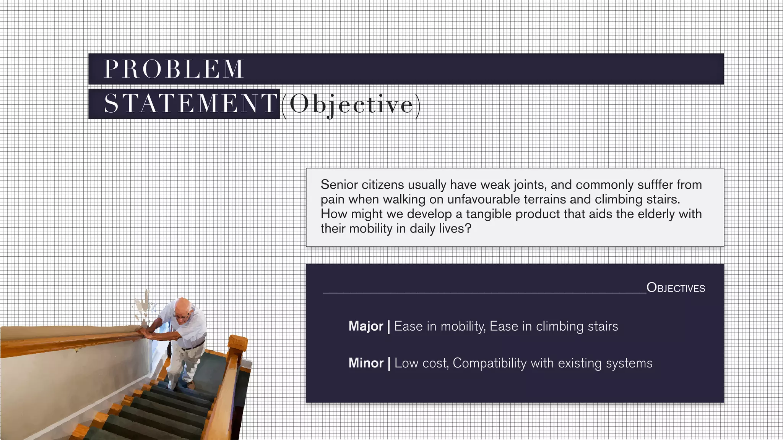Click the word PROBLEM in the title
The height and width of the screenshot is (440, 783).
pos(174,70)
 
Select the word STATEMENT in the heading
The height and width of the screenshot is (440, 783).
pos(190,104)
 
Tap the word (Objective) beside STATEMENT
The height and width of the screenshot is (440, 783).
pos(351,104)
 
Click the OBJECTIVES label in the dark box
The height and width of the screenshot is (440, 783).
pos(676,288)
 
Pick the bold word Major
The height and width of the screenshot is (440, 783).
pos(366,326)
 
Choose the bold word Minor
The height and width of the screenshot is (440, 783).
pos(366,363)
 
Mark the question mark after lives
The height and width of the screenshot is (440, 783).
pos(468,229)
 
